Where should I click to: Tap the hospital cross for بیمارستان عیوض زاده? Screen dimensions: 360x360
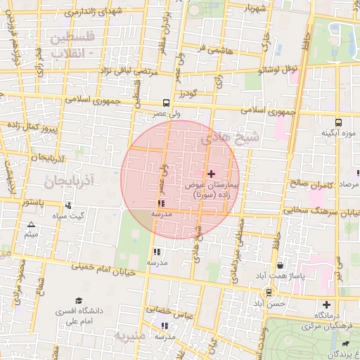(211, 173)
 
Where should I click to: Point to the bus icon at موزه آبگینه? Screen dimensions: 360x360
(339, 122)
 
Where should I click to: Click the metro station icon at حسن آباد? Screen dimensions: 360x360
(268, 292)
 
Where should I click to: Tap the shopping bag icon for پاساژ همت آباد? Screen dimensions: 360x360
(281, 266)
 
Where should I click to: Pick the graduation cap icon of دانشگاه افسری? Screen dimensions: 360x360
(79, 300)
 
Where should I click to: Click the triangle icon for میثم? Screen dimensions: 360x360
(31, 225)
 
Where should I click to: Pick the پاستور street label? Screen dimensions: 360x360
(32, 202)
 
